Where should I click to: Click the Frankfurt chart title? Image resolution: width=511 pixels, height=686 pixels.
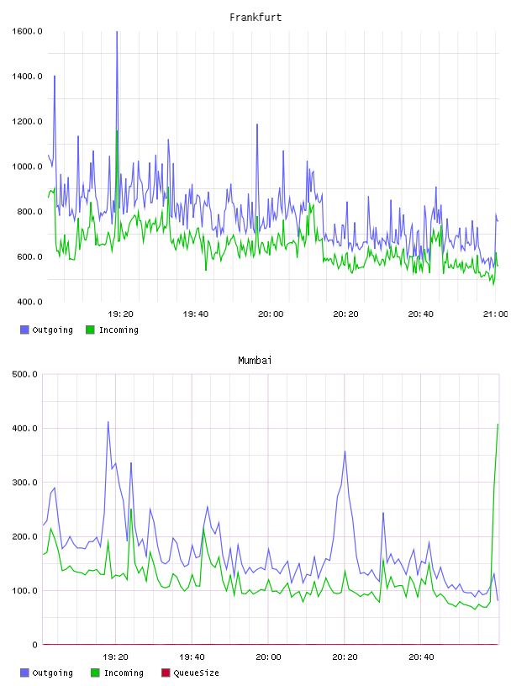(x=255, y=18)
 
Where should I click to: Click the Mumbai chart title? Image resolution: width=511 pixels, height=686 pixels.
(x=255, y=361)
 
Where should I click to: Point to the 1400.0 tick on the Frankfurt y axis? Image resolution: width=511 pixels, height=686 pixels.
(x=27, y=77)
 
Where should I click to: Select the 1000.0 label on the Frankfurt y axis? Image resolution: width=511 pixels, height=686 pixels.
(x=27, y=166)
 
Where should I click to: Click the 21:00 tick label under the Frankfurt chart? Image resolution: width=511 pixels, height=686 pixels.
(x=496, y=314)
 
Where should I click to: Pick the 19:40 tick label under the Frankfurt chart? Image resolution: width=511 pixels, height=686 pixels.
(x=196, y=314)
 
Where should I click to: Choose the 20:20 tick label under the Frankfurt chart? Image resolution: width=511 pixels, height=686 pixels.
(x=345, y=314)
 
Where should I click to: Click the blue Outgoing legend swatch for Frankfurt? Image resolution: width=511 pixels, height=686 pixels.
(x=24, y=330)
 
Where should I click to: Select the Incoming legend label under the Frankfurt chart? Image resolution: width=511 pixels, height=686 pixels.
(x=119, y=330)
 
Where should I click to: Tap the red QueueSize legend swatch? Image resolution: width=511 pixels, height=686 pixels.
(x=166, y=673)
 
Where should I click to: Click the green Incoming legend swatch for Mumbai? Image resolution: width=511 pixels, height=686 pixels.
(x=95, y=673)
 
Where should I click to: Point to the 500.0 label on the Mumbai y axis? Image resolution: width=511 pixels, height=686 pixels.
(x=25, y=374)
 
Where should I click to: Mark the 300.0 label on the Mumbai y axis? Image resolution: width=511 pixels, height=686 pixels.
(x=25, y=482)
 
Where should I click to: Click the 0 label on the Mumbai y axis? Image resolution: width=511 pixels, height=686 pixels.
(x=35, y=645)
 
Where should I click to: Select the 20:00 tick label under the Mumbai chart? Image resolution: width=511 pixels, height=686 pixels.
(x=268, y=657)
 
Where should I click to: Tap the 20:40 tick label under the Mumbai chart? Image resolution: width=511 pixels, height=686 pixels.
(x=421, y=657)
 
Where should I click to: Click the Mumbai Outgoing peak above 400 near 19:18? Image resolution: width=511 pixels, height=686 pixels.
(x=108, y=422)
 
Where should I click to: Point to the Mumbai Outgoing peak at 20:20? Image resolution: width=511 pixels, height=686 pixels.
(x=345, y=451)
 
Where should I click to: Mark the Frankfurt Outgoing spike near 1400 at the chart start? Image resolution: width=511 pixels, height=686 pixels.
(x=55, y=77)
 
